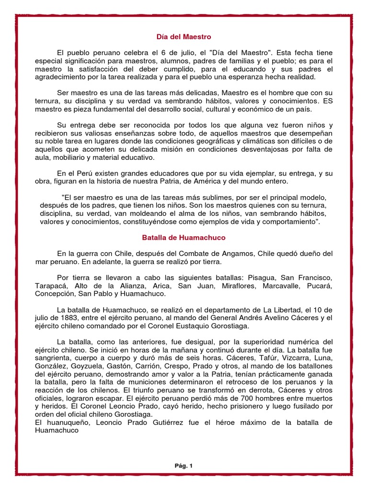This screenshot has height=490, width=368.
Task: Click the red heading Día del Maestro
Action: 184,36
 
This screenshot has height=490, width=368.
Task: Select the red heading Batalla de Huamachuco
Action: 184,237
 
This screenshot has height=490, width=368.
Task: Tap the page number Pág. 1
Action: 184,465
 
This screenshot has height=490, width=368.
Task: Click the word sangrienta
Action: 56,358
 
